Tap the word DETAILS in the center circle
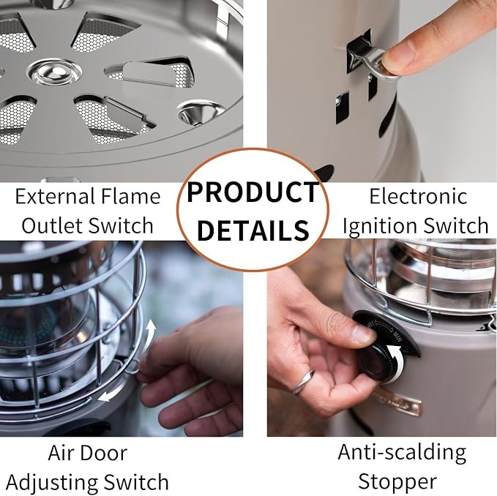point(253,230)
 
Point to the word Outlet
point(52,225)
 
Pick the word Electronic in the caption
point(418,196)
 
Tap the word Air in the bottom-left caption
point(59,453)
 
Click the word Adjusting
point(52,483)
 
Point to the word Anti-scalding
point(402,453)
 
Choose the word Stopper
point(397,482)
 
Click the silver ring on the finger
point(303,383)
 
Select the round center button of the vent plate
point(54,72)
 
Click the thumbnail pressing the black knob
point(363,335)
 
